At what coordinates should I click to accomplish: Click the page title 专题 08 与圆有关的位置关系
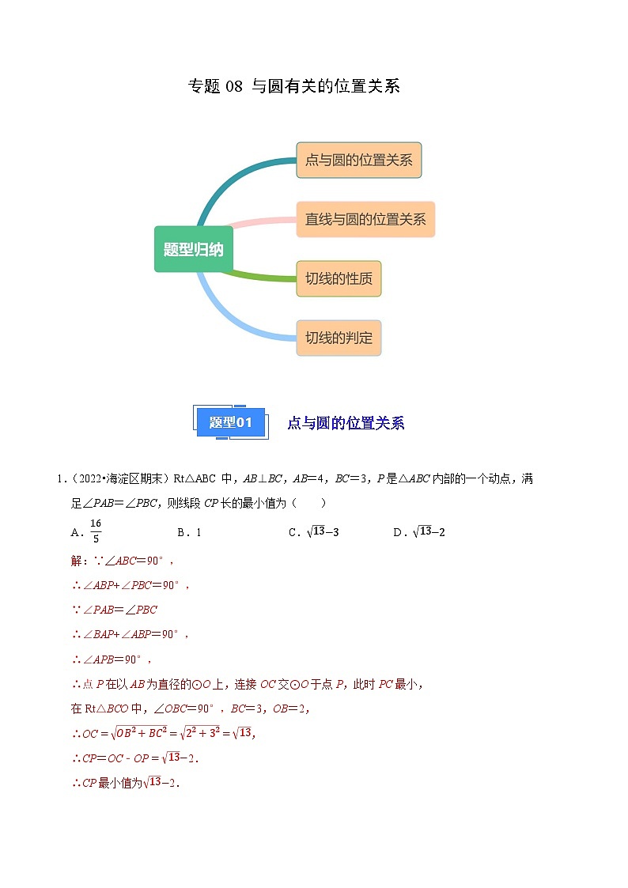293,87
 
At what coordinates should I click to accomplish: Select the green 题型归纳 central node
194,250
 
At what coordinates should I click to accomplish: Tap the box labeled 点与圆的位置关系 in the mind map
358,161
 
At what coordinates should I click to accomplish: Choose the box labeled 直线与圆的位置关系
365,219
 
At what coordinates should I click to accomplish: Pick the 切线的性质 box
339,278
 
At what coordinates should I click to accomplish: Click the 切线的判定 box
339,338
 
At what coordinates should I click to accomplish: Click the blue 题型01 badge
230,422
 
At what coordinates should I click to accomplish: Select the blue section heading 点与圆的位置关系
346,423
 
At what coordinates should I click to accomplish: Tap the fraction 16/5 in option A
96,531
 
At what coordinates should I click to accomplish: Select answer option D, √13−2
420,532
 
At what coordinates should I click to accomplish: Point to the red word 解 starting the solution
77,561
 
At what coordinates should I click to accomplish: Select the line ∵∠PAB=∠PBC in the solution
115,610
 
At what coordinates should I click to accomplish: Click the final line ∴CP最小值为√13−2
126,783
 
